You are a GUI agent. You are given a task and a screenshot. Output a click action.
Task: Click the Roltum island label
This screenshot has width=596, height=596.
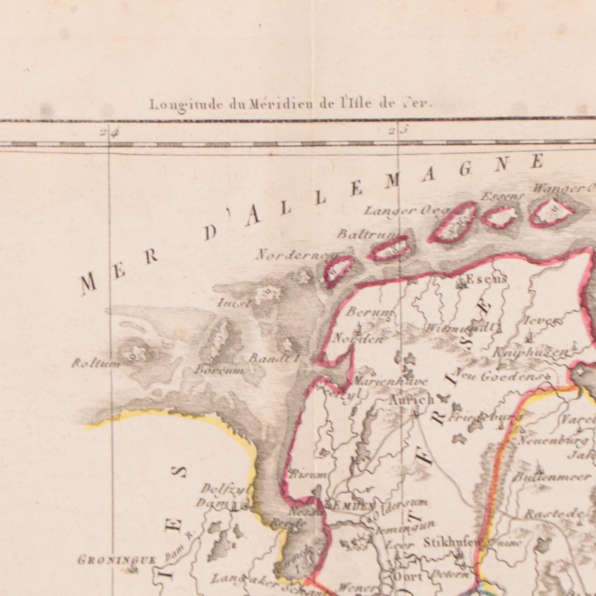pos(95,364)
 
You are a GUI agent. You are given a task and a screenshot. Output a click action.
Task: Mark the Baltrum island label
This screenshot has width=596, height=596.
pos(366,235)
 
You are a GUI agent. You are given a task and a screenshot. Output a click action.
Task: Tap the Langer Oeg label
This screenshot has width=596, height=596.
pos(406,211)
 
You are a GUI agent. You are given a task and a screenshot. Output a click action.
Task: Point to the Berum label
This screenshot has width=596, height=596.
pos(368,313)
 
